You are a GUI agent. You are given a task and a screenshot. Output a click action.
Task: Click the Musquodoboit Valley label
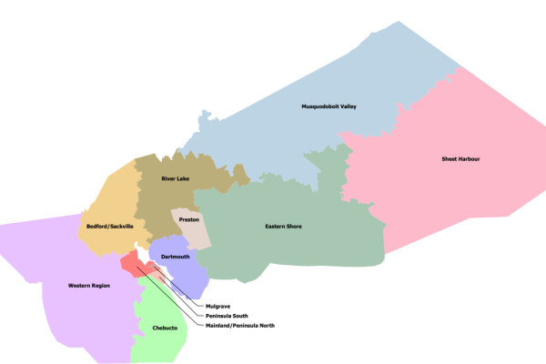(x=329, y=106)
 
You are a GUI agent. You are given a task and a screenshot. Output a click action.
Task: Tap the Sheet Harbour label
(x=460, y=159)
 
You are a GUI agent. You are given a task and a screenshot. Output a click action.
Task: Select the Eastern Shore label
(x=283, y=226)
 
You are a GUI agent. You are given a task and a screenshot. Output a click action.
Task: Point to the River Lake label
(x=176, y=179)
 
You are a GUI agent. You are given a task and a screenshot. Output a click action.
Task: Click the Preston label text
(x=189, y=218)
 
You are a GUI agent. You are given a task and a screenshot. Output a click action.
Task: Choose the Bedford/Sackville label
(x=110, y=226)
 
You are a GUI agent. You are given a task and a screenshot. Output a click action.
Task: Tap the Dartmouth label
(x=175, y=258)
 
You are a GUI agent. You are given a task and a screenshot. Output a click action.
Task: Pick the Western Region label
(x=89, y=286)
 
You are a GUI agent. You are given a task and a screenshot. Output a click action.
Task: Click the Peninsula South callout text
(x=227, y=316)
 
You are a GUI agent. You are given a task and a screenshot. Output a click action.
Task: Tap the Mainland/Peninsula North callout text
(x=240, y=326)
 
